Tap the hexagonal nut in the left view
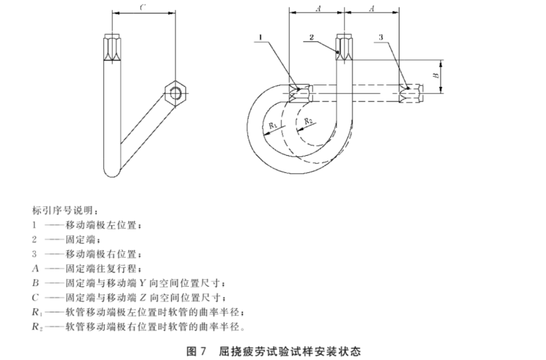[x=175, y=93]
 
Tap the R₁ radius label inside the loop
[x=272, y=125]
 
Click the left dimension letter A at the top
[x=317, y=8]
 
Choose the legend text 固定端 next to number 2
[x=77, y=239]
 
